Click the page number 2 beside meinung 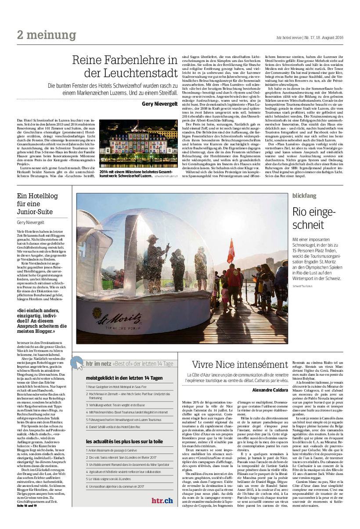click(x=20, y=35)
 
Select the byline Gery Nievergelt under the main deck click(x=159, y=104)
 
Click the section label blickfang click(x=305, y=195)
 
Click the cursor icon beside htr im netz click(x=79, y=364)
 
